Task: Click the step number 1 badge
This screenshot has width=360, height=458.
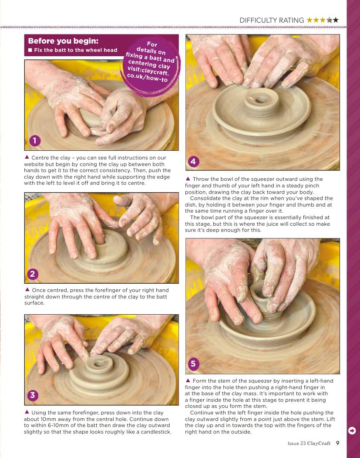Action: pyautogui.click(x=35, y=141)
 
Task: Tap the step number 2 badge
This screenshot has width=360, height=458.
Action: pyautogui.click(x=33, y=274)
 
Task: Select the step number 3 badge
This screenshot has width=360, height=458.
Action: pyautogui.click(x=33, y=395)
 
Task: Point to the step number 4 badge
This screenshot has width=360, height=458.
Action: pyautogui.click(x=193, y=161)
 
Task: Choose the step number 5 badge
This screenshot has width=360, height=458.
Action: pyautogui.click(x=193, y=364)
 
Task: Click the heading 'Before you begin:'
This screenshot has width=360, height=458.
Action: pyautogui.click(x=63, y=41)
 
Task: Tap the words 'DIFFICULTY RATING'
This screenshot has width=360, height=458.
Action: pyautogui.click(x=272, y=20)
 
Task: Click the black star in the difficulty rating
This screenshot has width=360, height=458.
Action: pyautogui.click(x=336, y=20)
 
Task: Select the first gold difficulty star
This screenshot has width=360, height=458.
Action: pyautogui.click(x=309, y=20)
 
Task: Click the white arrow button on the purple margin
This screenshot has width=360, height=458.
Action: pyautogui.click(x=352, y=431)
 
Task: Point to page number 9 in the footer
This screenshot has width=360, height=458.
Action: pyautogui.click(x=337, y=443)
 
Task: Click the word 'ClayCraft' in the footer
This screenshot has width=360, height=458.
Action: pyautogui.click(x=319, y=443)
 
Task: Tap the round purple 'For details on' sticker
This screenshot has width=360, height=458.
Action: pyautogui.click(x=150, y=66)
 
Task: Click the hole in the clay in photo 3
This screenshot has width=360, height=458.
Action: pyautogui.click(x=99, y=364)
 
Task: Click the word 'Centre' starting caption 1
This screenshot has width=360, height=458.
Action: pyautogui.click(x=40, y=158)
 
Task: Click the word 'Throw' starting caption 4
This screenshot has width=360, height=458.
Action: pyautogui.click(x=200, y=179)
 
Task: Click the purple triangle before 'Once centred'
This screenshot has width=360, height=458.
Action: pyautogui.click(x=27, y=289)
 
